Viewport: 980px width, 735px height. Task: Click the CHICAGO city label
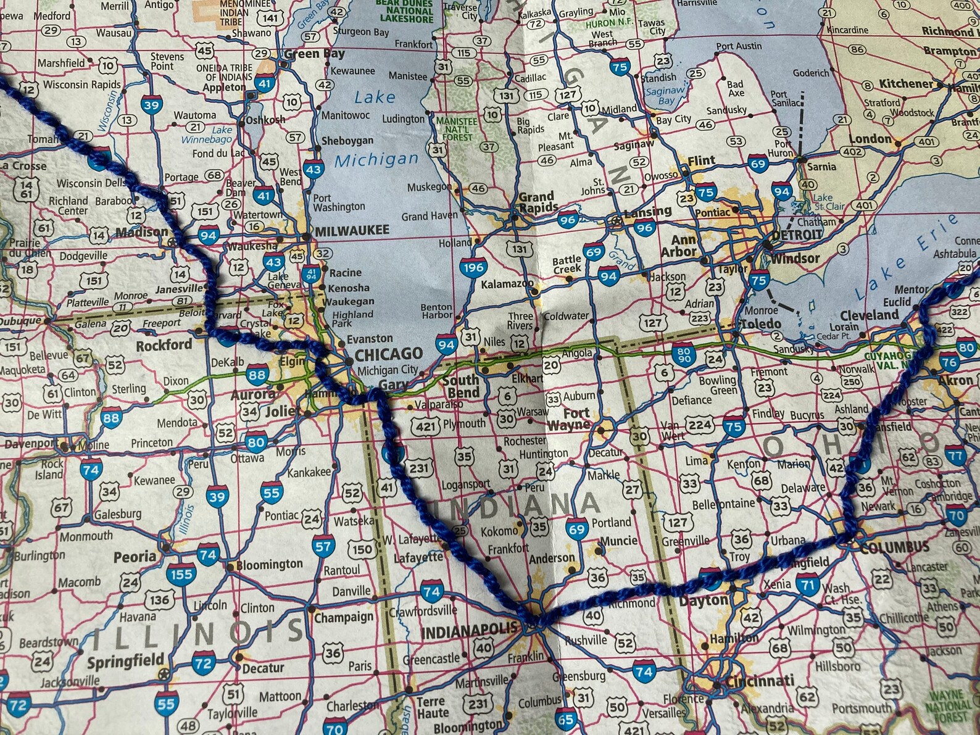[388, 354]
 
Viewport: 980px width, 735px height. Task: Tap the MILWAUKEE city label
[352, 230]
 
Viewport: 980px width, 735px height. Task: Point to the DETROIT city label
[797, 235]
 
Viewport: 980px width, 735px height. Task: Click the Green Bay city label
[314, 54]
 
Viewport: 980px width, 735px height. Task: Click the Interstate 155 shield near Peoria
[181, 575]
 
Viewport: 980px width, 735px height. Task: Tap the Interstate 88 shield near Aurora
[257, 375]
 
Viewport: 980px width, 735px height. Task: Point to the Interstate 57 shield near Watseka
[323, 546]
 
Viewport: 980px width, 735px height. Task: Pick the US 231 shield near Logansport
[418, 468]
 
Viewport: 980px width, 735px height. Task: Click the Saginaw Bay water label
[665, 96]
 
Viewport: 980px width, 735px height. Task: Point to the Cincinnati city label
[760, 681]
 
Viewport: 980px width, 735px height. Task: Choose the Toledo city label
[761, 323]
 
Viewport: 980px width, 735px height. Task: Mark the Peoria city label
[135, 556]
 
